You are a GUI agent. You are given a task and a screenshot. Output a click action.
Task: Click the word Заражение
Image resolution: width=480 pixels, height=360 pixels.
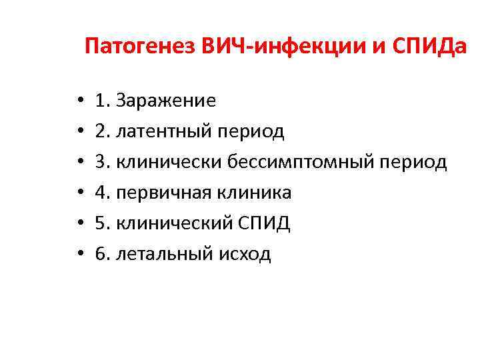[x=166, y=101]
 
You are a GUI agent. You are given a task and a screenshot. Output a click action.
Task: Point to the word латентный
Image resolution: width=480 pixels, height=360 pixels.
[x=163, y=131]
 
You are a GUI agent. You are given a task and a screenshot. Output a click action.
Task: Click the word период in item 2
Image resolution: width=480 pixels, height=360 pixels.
[x=251, y=131]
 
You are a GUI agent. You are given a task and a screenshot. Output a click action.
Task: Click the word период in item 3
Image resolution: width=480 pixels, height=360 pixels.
[x=413, y=162]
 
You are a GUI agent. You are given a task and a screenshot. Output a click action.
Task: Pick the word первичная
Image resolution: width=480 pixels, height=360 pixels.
[x=163, y=193]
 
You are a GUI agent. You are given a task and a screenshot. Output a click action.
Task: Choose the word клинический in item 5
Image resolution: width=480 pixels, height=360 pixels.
[x=173, y=223]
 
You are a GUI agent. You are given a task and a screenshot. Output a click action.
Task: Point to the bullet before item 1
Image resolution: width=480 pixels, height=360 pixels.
[x=79, y=101]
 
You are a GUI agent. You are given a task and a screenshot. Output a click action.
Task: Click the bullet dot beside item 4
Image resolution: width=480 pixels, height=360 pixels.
[x=79, y=193]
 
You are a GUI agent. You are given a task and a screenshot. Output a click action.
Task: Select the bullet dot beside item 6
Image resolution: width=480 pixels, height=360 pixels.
[x=79, y=255]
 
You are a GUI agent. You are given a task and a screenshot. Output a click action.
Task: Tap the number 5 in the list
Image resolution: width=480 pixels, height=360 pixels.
[x=101, y=223]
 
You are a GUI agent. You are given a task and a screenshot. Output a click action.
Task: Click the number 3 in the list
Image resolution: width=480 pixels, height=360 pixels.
[x=101, y=162]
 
